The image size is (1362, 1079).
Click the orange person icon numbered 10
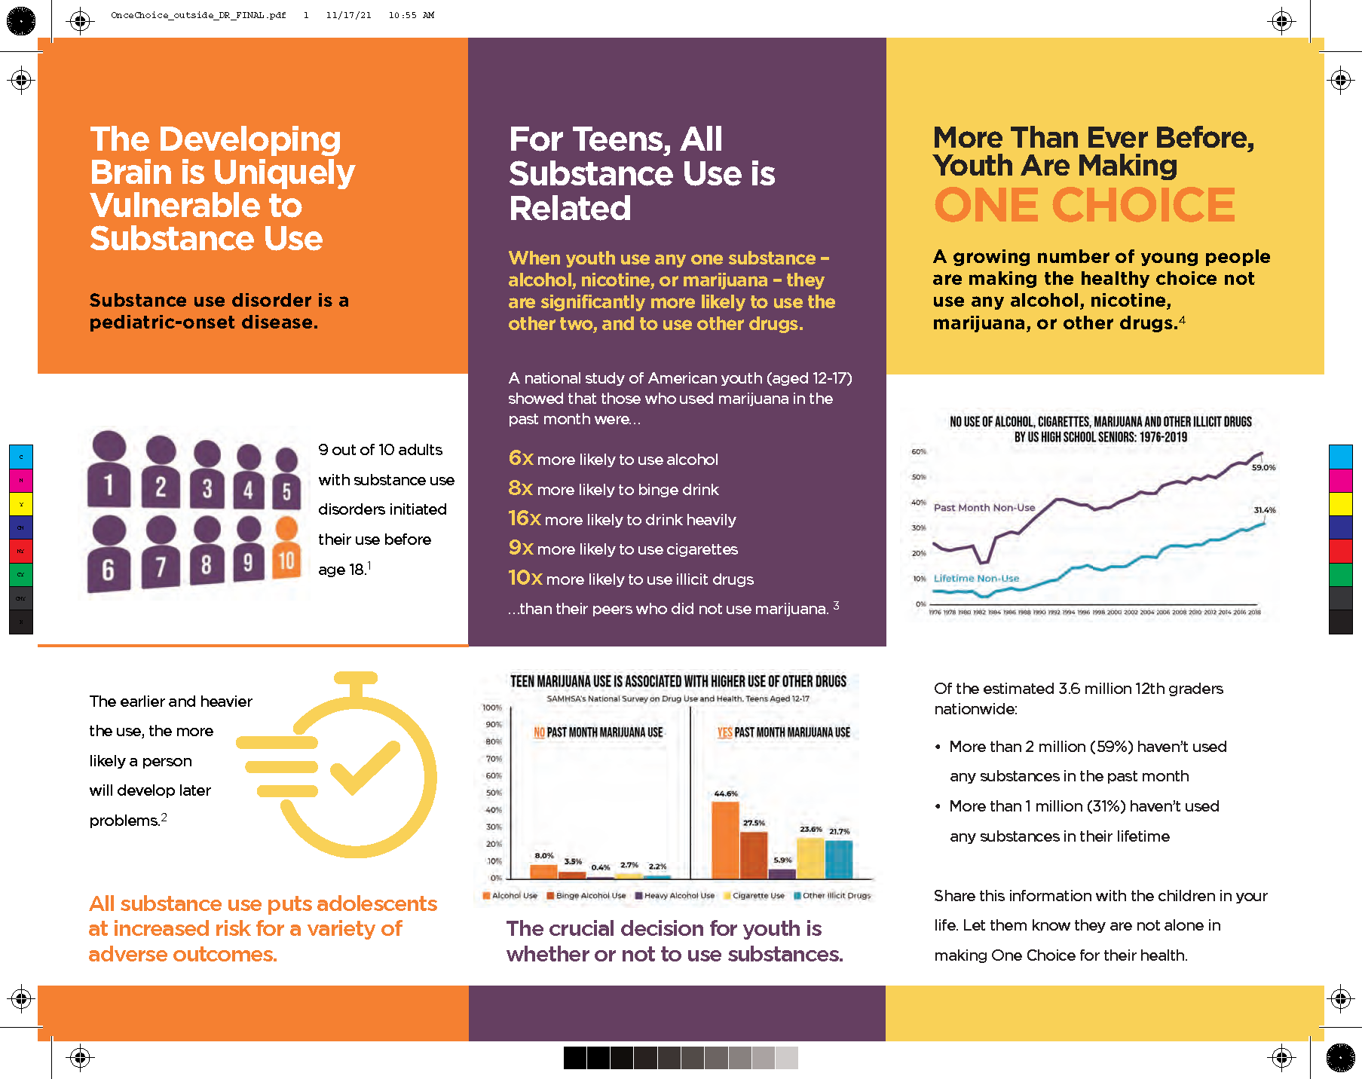[286, 550]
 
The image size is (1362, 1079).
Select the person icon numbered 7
[161, 554]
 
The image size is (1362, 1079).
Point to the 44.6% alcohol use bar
[725, 839]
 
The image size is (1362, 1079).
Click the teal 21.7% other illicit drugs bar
[839, 859]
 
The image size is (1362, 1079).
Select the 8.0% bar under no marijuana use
[543, 871]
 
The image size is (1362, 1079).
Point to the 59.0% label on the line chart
[1263, 468]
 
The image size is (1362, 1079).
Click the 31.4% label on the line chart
[1264, 510]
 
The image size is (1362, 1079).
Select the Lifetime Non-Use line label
[976, 579]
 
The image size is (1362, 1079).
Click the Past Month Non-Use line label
[984, 508]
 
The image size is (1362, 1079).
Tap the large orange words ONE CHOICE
[1084, 205]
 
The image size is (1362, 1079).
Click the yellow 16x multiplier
[524, 518]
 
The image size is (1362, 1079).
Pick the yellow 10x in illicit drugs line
[525, 578]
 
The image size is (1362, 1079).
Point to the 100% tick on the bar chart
[491, 708]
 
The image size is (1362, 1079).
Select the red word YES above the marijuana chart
[724, 732]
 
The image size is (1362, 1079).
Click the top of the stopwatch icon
[356, 677]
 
